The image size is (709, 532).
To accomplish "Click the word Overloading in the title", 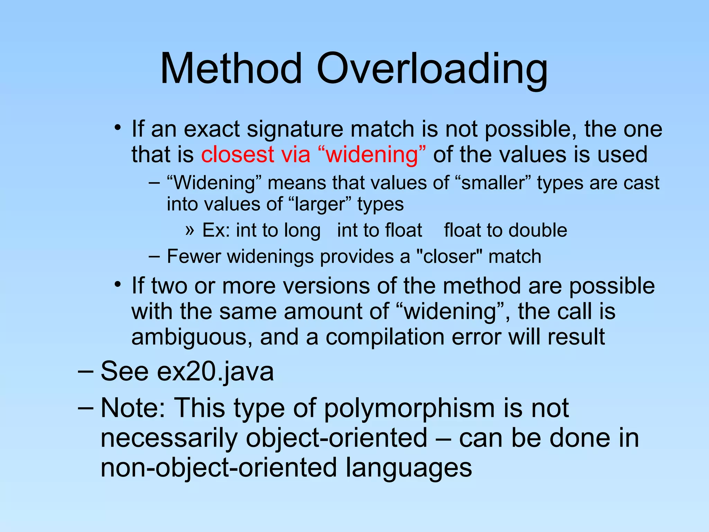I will pos(432,69).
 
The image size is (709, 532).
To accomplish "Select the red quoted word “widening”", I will pos(372,155).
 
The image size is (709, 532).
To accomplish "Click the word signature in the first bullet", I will pos(295,129).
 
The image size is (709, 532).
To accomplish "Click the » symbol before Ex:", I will pos(189,230).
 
